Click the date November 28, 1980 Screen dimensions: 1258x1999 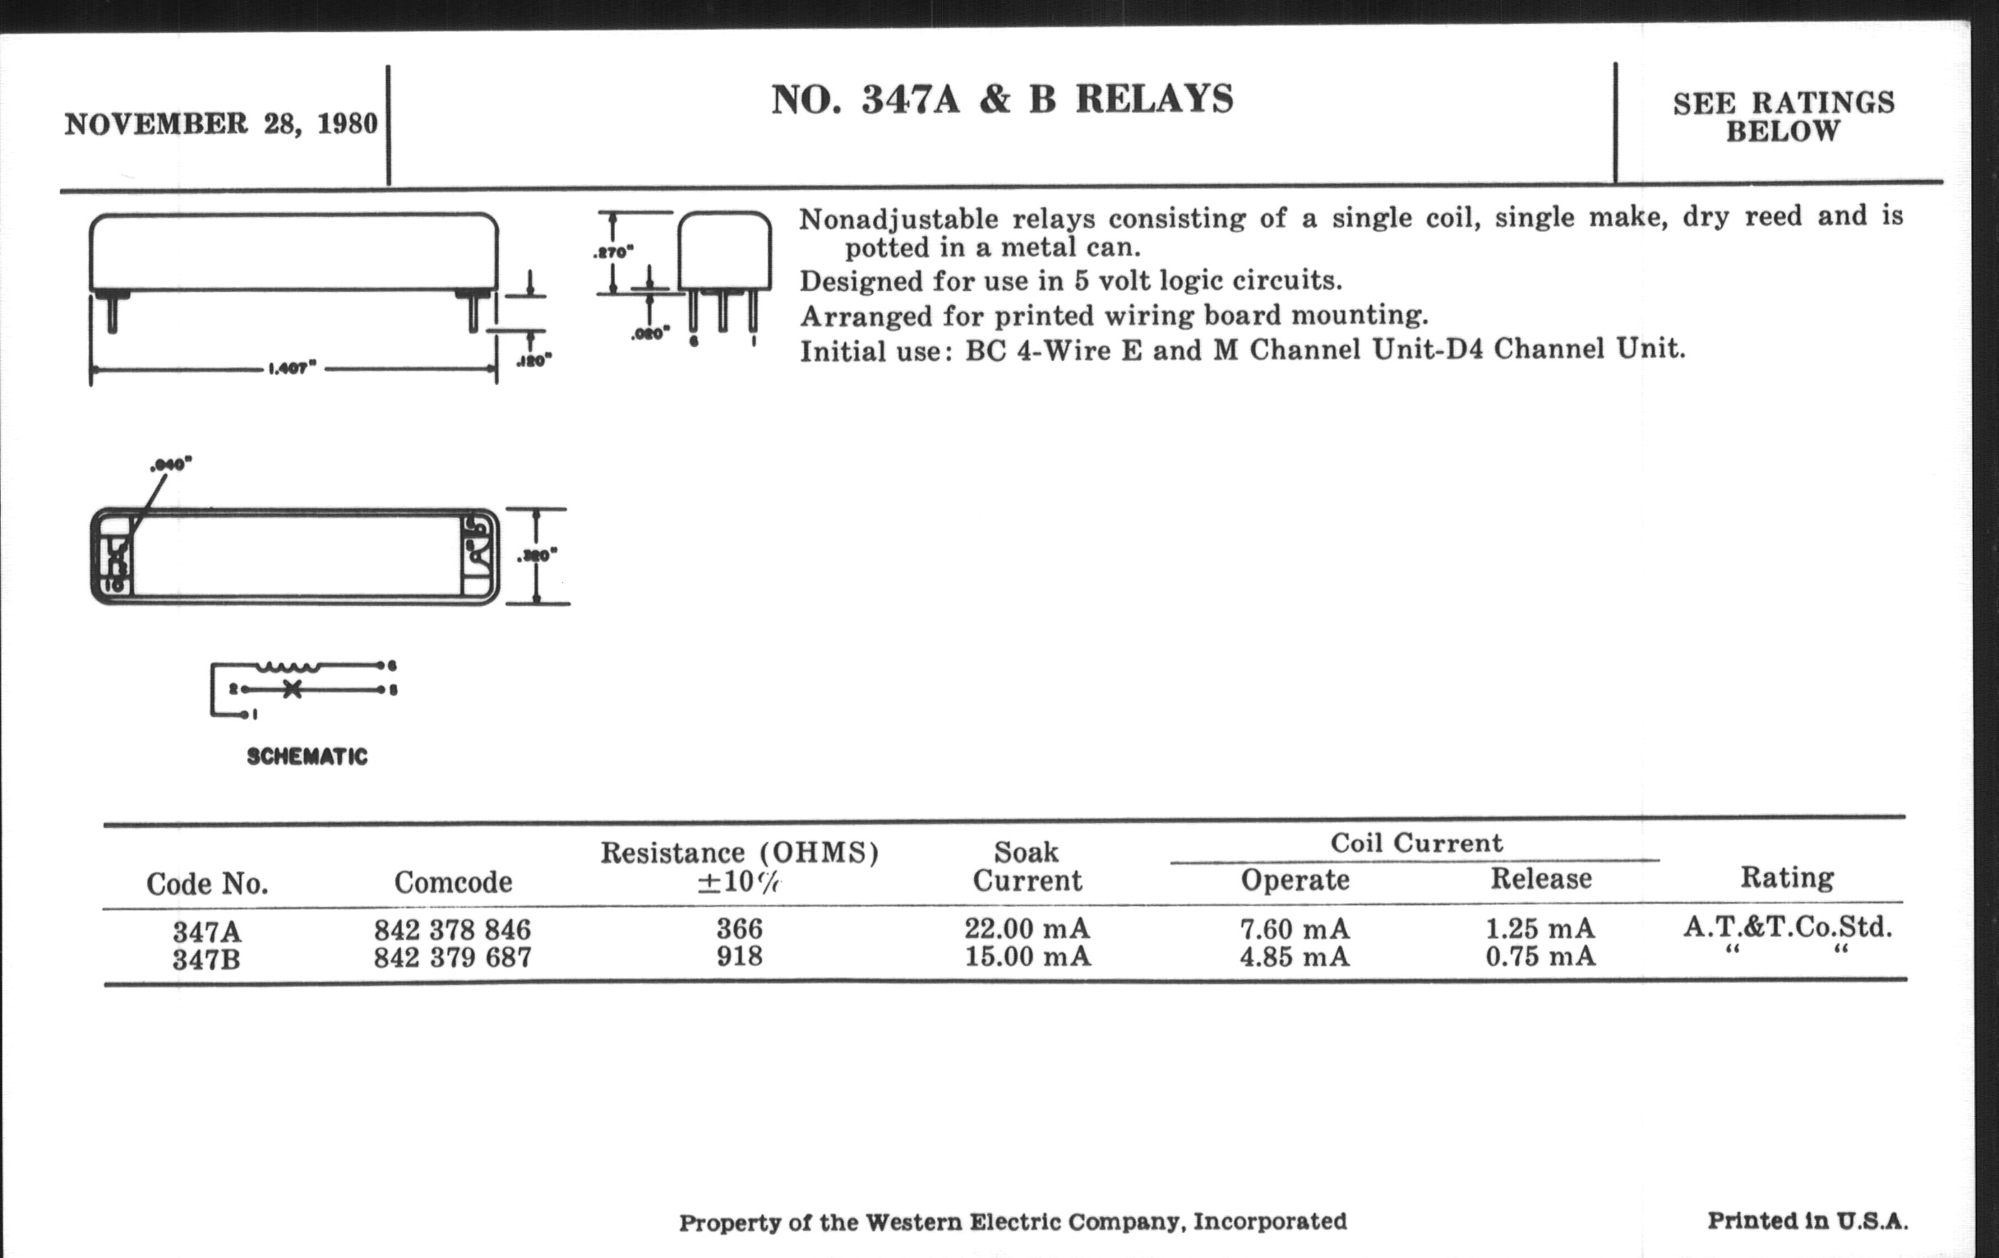coord(221,123)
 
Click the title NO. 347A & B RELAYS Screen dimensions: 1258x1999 coord(1002,99)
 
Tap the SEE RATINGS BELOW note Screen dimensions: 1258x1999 coord(1783,116)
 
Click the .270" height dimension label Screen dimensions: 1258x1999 coord(613,252)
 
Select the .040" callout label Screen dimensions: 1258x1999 coord(171,465)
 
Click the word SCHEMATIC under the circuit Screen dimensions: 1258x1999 coord(307,756)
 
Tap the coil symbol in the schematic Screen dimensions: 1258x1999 coord(288,666)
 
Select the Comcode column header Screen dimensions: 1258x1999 coord(452,882)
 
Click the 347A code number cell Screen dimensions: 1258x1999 coord(205,931)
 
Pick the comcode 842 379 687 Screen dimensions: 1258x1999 coord(452,958)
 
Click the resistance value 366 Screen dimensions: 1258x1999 coord(739,928)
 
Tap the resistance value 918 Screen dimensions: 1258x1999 coord(739,956)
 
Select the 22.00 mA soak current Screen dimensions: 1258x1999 coord(1027,928)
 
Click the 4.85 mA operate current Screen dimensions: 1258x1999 coord(1295,957)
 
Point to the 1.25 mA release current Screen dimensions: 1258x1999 coord(1540,928)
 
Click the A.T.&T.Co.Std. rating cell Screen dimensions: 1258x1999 coord(1787,927)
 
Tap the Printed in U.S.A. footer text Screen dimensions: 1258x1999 coord(1807,1221)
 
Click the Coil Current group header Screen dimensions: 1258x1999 coord(1416,843)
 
